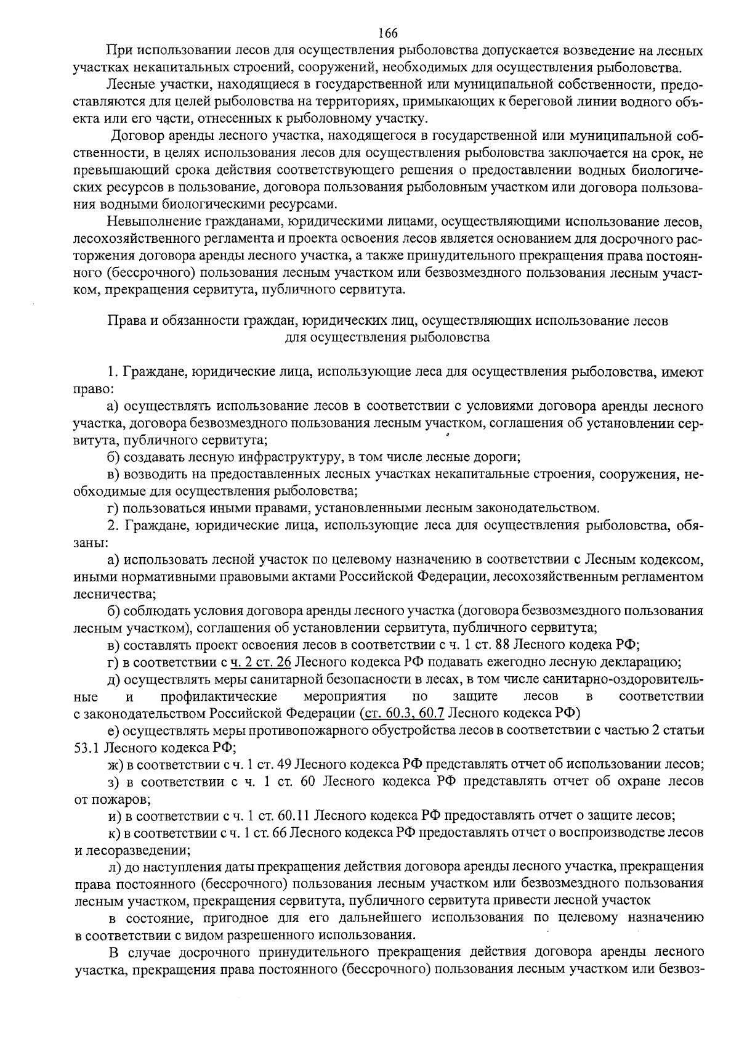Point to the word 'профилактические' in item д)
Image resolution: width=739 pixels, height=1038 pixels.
click(218, 697)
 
